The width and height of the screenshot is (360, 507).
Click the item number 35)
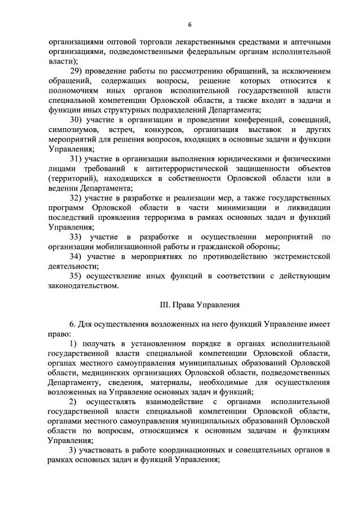pos(76,275)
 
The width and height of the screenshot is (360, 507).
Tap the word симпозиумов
pos(72,129)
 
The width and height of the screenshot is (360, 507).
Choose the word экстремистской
pos(297,256)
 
